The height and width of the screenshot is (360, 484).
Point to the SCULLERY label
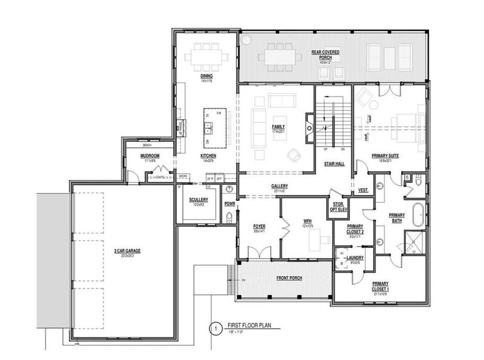[198, 199]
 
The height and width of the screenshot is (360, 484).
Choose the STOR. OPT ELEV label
[338, 208]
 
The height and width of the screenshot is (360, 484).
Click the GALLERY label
[280, 186]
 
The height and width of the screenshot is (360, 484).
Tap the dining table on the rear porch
[279, 58]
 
